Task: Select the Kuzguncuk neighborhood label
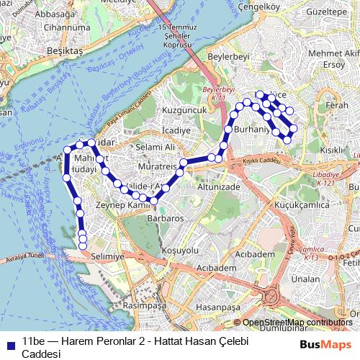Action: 184,110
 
